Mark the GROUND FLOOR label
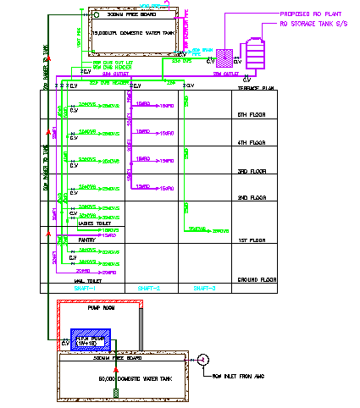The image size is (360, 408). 252,278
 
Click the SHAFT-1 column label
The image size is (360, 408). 87,289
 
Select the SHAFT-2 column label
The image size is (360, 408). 149,289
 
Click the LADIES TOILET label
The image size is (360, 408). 91,223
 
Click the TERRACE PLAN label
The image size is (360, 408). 251,87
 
